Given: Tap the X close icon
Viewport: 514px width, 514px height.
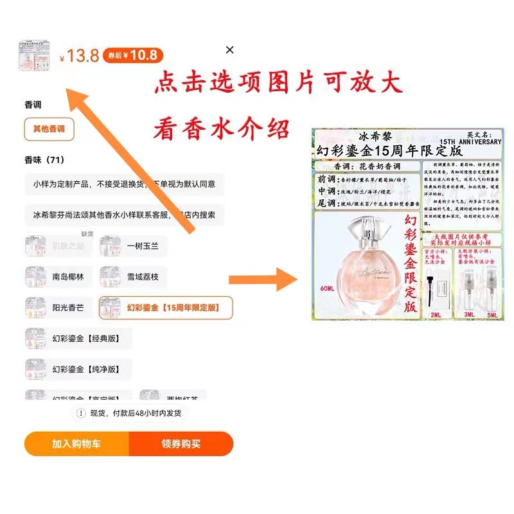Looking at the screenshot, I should point(230,50).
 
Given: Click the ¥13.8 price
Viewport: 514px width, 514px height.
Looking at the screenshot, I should point(80,56).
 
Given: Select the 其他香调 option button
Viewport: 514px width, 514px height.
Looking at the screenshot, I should point(49,129).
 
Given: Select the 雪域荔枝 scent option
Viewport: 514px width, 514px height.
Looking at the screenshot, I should point(134,277).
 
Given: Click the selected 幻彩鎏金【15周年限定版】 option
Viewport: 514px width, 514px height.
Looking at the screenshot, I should point(165,308).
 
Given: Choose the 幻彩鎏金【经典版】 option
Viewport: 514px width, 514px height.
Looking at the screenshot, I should point(78,339).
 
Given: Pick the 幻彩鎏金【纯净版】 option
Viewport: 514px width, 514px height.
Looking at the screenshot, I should point(78,369).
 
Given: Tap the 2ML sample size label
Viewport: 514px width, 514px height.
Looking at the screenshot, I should point(436,315).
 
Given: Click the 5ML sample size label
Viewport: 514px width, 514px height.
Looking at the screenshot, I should point(492,315).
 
